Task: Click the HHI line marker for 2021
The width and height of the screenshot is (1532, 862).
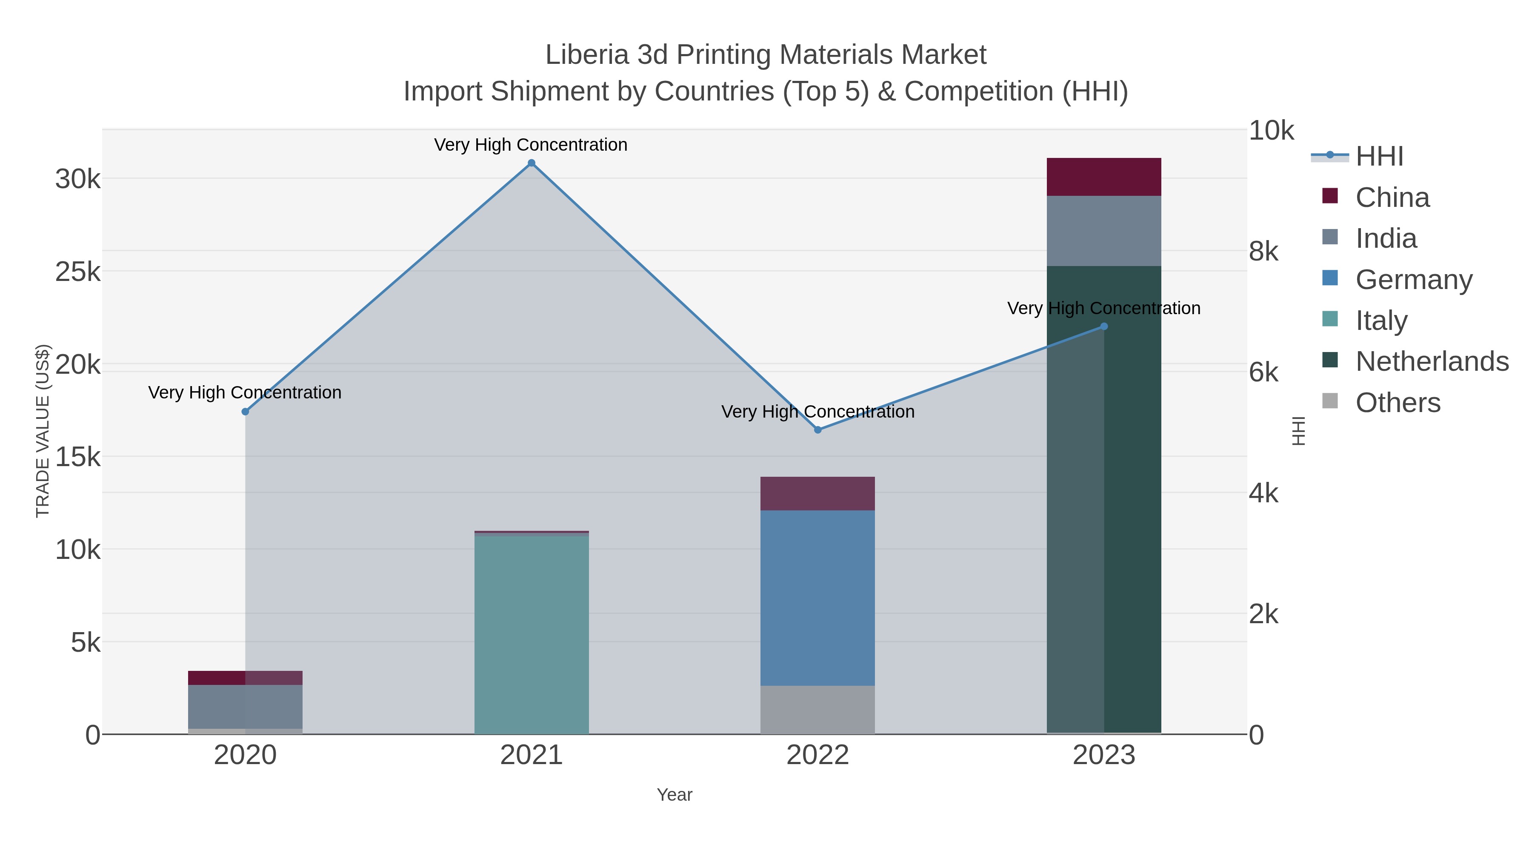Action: click(x=532, y=163)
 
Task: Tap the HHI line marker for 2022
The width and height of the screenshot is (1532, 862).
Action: click(x=818, y=430)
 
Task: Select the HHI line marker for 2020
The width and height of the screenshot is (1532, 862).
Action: click(x=245, y=412)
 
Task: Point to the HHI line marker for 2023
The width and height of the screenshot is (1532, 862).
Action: click(x=1104, y=326)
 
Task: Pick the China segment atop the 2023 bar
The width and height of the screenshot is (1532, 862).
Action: click(x=1104, y=177)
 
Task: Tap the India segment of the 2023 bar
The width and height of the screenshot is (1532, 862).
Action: click(x=1104, y=231)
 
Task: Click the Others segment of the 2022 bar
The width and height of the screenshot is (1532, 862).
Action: click(x=818, y=710)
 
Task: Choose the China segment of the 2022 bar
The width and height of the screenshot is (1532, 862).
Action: click(x=818, y=493)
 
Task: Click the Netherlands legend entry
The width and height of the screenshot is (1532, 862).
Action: click(x=1432, y=361)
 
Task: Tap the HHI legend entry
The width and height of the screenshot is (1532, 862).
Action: click(x=1379, y=156)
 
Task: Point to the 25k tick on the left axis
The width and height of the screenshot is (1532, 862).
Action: click(x=78, y=272)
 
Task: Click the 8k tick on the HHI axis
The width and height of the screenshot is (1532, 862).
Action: click(x=1263, y=252)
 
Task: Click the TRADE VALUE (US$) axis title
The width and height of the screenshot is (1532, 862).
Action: click(x=43, y=431)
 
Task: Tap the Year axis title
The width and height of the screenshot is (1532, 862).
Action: click(x=675, y=795)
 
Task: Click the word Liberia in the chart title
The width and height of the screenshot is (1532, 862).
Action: click(x=586, y=55)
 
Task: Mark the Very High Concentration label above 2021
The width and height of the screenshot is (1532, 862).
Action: click(x=531, y=145)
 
